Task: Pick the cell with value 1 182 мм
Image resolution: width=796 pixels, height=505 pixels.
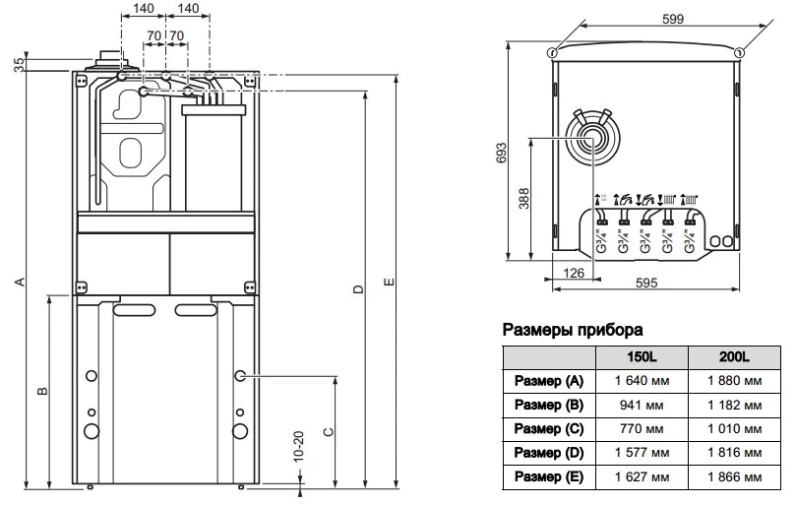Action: (733, 405)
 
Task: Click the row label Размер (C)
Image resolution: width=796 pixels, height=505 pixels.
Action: (549, 429)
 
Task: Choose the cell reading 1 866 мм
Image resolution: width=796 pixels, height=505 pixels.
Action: (733, 476)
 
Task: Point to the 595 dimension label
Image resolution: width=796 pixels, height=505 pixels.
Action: (646, 283)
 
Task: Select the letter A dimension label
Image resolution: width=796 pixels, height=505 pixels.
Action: (18, 283)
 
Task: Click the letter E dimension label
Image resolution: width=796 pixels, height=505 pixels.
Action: (390, 284)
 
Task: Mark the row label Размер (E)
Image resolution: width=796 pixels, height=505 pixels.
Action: (549, 476)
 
